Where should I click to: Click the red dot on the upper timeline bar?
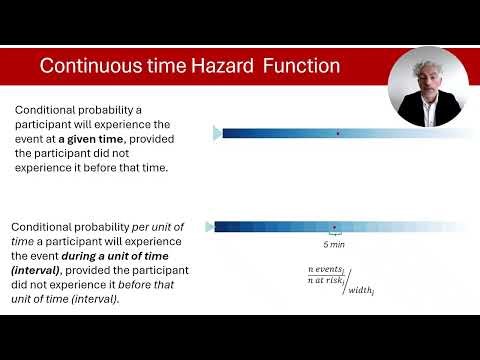click(x=338, y=133)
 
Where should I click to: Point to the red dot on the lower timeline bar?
click(x=334, y=227)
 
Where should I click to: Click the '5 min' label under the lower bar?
click(x=334, y=245)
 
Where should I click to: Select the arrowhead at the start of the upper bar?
click(x=217, y=133)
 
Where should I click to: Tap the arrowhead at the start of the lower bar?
click(x=210, y=227)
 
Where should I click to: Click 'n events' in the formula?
click(x=326, y=270)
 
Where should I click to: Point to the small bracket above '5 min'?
click(x=334, y=237)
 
